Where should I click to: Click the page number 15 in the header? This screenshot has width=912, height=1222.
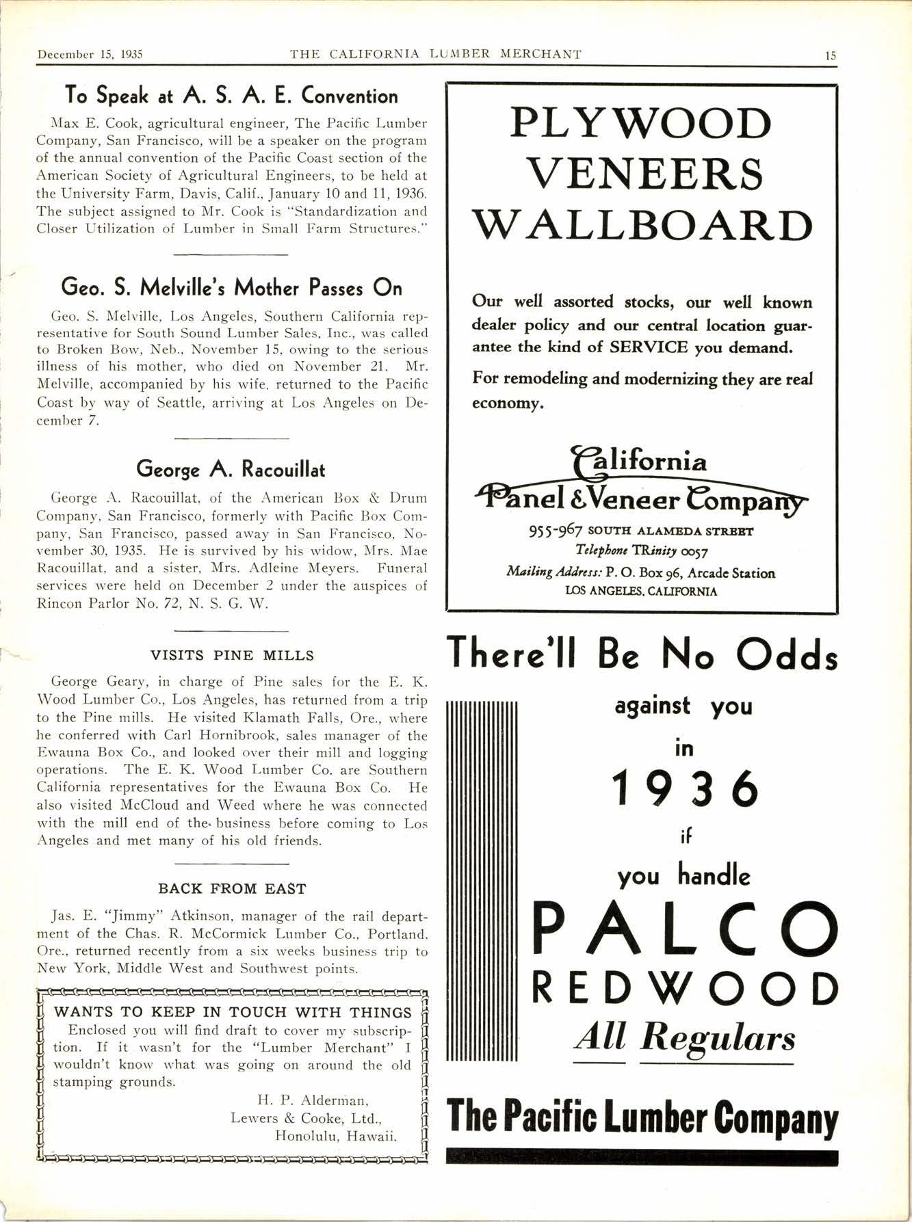click(830, 55)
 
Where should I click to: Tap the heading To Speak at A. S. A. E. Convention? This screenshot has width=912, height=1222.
click(231, 95)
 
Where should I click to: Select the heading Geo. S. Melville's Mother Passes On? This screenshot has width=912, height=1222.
click(231, 287)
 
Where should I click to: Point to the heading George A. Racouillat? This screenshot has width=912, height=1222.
click(231, 470)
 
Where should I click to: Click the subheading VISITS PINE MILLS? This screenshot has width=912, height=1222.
click(232, 655)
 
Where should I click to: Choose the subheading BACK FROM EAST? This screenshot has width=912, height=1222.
click(232, 889)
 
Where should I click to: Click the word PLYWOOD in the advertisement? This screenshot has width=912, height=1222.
click(641, 124)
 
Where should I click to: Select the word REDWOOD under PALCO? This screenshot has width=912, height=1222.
click(684, 989)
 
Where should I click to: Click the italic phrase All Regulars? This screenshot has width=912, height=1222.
click(683, 1038)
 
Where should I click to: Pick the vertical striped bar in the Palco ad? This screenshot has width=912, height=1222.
click(482, 880)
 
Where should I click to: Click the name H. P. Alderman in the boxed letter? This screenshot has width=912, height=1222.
click(313, 1100)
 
